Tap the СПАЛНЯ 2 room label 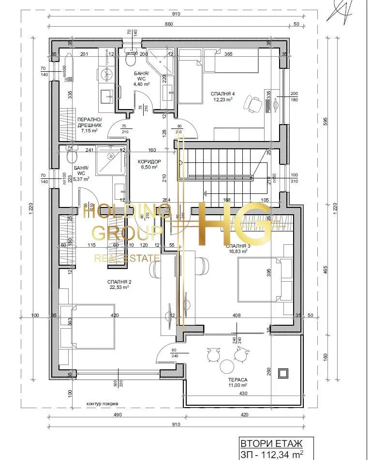coord(119,282)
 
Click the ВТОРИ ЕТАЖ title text coord(271,443)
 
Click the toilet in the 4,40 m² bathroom coord(131,59)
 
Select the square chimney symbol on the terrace coord(283,373)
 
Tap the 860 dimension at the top coord(169,24)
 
